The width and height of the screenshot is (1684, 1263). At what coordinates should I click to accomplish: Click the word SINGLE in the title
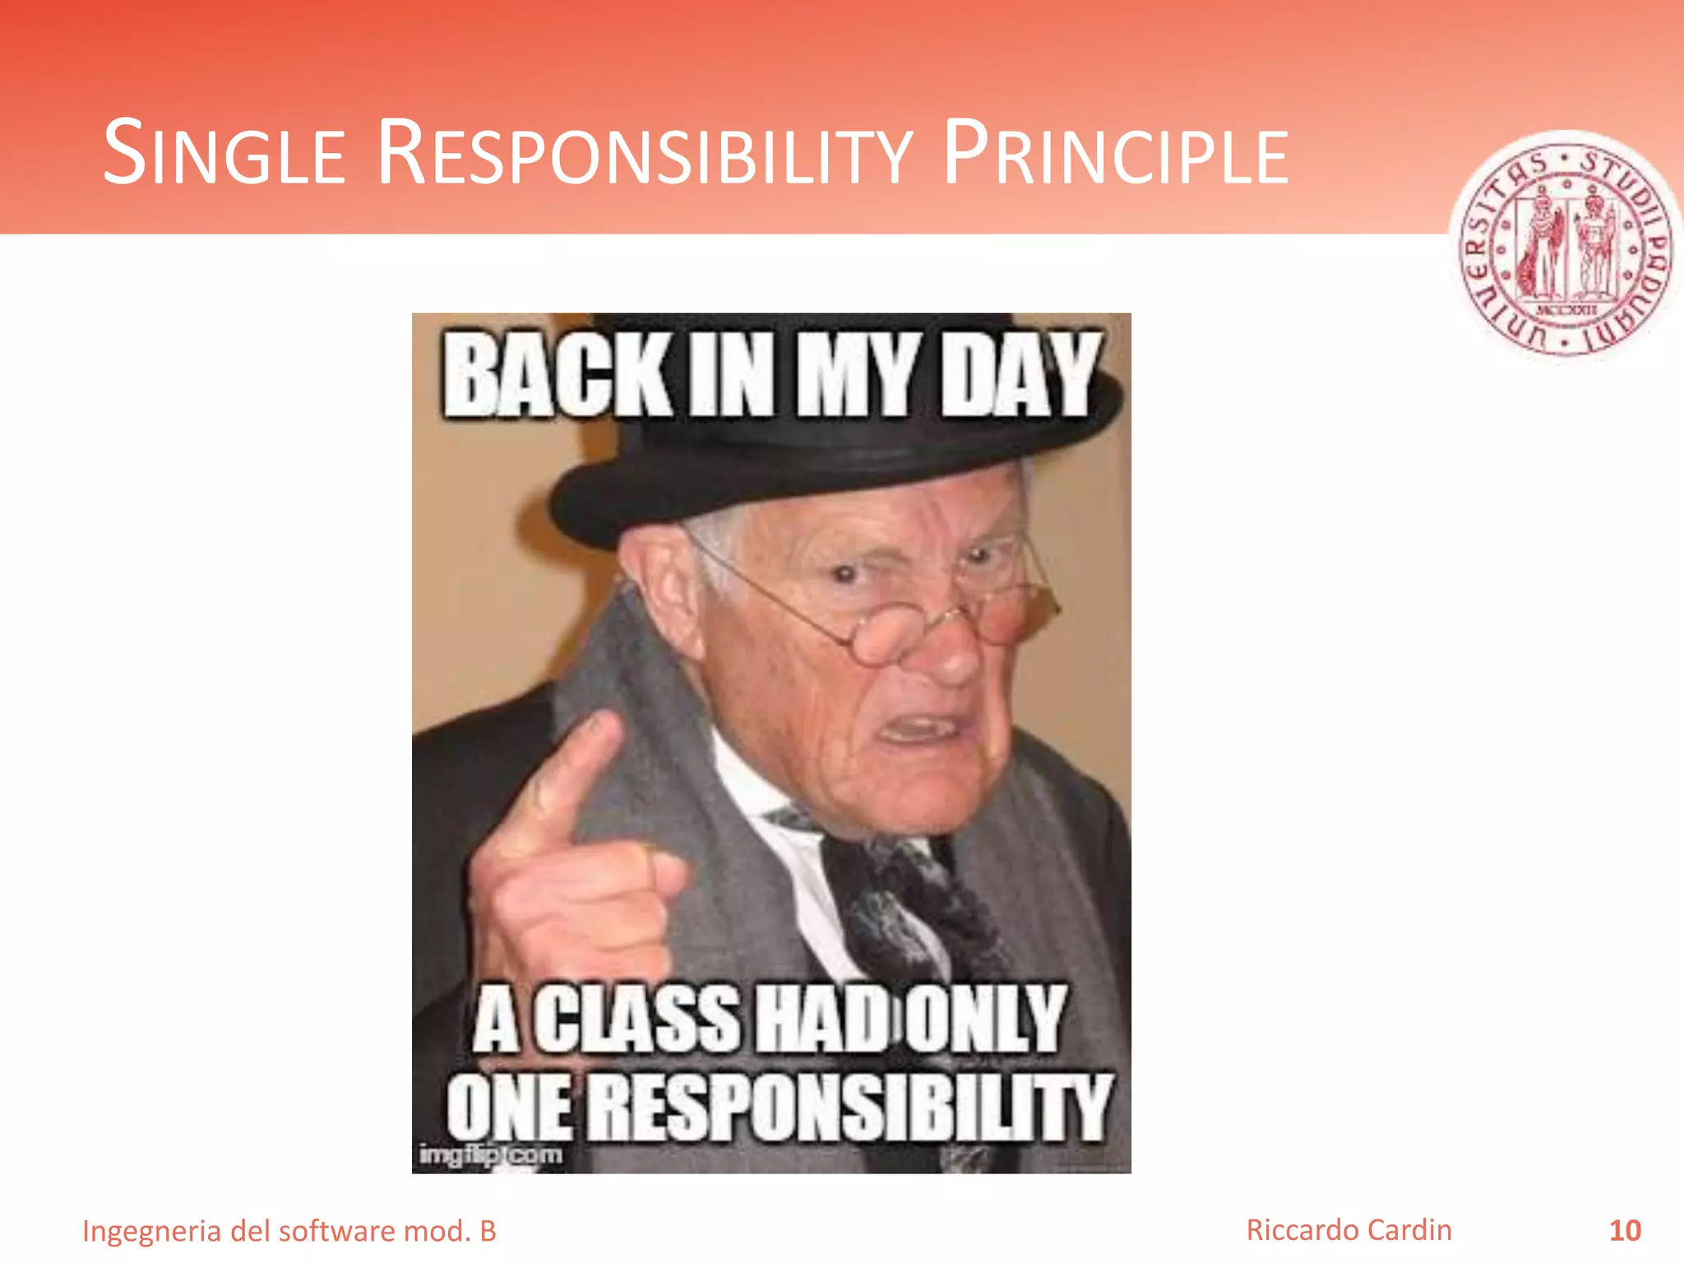pyautogui.click(x=224, y=154)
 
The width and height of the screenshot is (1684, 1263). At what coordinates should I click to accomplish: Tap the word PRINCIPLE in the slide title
pyautogui.click(x=1115, y=154)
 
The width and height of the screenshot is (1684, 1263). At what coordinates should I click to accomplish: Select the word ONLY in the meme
pyautogui.click(x=984, y=1020)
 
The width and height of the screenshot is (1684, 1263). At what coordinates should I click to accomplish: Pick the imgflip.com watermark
pyautogui.click(x=491, y=1154)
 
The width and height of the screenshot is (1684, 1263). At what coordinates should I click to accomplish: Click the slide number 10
pyautogui.click(x=1625, y=1231)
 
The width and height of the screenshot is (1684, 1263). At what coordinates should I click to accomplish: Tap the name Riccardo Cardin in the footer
pyautogui.click(x=1349, y=1230)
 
